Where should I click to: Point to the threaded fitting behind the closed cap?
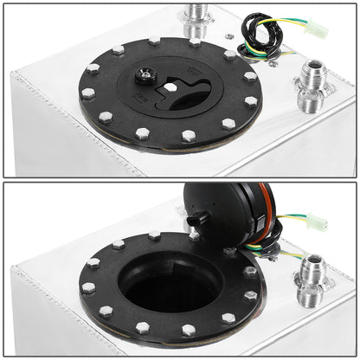[x=193, y=17]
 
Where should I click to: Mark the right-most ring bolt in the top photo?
[x=250, y=101]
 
